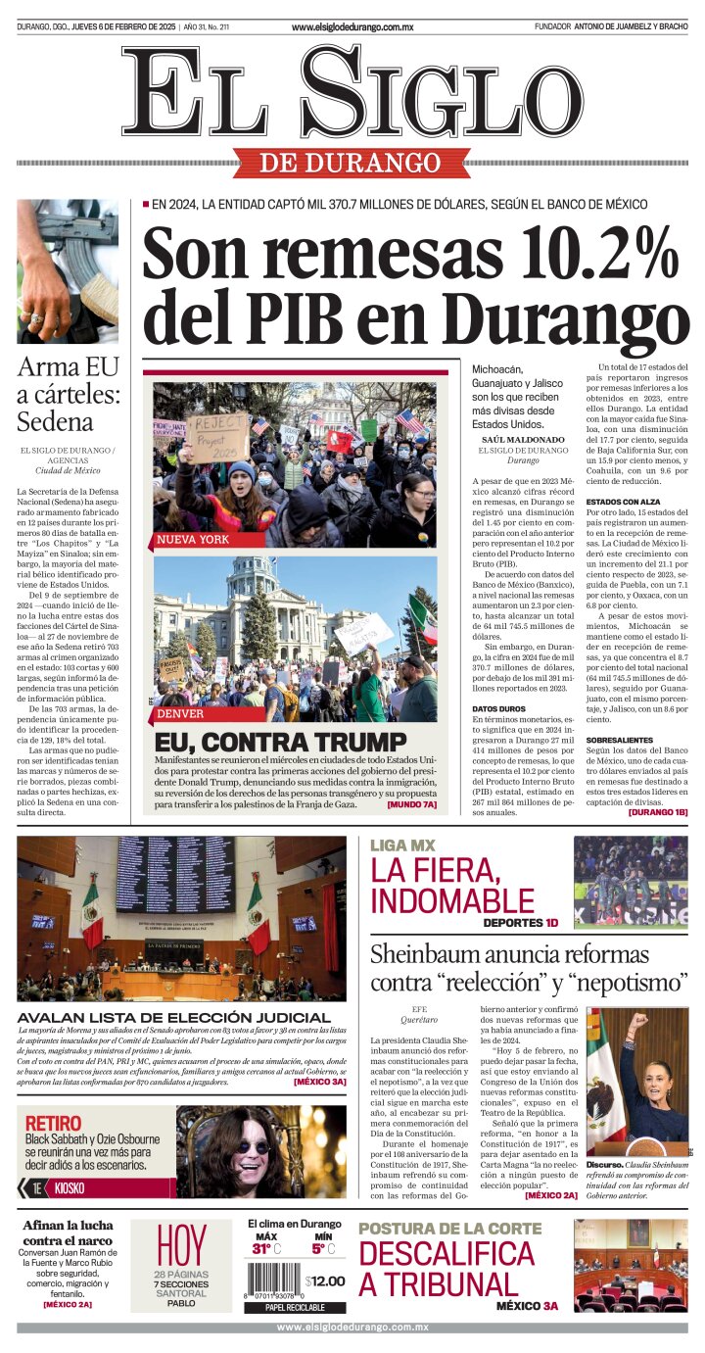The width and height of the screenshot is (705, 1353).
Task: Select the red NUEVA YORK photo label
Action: click(x=193, y=540)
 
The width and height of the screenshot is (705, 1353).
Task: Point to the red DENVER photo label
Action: click(x=181, y=713)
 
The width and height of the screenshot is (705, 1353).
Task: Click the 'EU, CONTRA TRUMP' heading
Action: click(x=280, y=742)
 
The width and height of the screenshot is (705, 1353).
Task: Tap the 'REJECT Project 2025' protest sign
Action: click(x=216, y=435)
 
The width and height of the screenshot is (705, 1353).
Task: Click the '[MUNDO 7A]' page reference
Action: click(x=411, y=804)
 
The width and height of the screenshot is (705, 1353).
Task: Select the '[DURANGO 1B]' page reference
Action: click(x=657, y=812)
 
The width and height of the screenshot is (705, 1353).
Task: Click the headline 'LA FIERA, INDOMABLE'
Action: click(x=451, y=885)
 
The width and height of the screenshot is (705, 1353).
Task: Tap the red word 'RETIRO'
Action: click(x=53, y=1123)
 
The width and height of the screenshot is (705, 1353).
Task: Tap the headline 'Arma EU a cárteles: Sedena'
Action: click(x=69, y=395)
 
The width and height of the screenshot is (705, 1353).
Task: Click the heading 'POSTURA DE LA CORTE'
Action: click(x=449, y=1229)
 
